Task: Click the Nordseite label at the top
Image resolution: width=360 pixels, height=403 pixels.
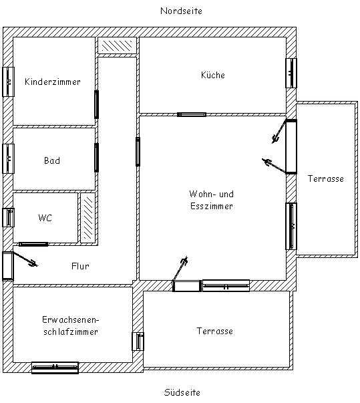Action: click(x=181, y=11)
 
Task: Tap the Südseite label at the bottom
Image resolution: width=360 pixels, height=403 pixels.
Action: click(x=182, y=392)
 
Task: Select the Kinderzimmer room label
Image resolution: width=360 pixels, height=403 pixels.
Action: click(x=53, y=82)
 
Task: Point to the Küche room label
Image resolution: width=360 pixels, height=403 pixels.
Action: click(x=213, y=75)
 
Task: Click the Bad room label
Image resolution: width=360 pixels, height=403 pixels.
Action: click(x=52, y=160)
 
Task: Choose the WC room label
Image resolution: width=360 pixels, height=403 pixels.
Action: click(x=45, y=218)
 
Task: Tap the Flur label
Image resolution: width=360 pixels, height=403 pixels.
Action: click(x=80, y=266)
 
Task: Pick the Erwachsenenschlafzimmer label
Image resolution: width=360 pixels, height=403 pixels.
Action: click(x=71, y=325)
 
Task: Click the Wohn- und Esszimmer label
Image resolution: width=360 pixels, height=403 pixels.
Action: click(x=212, y=200)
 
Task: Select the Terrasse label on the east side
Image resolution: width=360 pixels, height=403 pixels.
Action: click(x=325, y=178)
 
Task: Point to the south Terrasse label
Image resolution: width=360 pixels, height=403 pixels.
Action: click(x=214, y=331)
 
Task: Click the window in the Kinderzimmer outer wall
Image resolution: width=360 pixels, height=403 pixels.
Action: click(x=8, y=82)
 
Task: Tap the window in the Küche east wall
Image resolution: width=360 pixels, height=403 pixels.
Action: click(x=291, y=74)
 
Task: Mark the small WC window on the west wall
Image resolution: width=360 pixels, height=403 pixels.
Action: click(x=9, y=217)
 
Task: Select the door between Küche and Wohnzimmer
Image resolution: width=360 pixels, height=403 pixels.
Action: click(x=192, y=114)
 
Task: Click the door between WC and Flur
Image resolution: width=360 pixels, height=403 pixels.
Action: click(x=33, y=244)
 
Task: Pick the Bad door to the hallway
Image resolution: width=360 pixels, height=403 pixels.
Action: click(x=97, y=158)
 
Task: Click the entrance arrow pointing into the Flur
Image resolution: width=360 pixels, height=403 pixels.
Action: click(x=25, y=259)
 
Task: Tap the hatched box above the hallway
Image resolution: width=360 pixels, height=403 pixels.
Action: click(x=117, y=45)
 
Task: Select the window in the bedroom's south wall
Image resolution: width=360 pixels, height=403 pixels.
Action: click(x=55, y=368)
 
